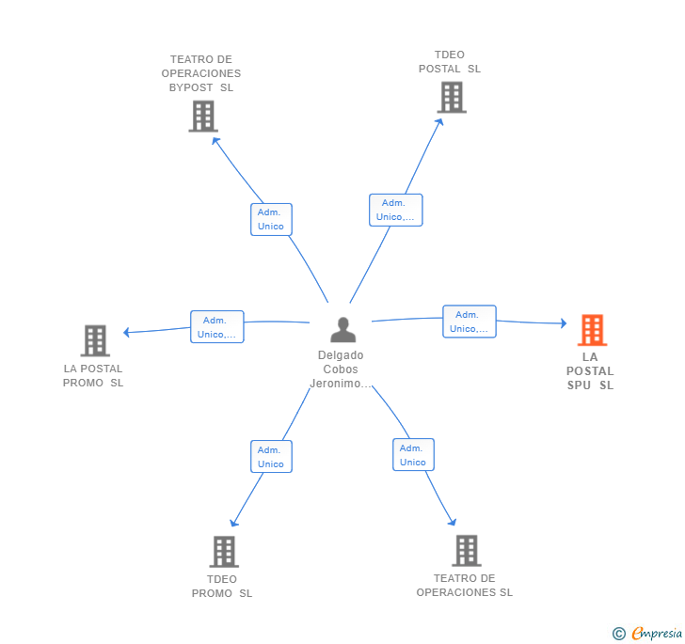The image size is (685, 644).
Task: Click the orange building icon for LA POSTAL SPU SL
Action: pos(592,330)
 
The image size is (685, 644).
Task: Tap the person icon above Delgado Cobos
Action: pos(342,329)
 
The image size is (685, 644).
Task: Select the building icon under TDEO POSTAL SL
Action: pos(452,98)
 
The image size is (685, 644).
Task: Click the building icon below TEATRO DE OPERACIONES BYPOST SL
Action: pos(203,117)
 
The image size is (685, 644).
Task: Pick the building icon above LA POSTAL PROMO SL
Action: pos(95,340)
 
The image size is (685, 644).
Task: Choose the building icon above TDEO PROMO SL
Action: pos(224,552)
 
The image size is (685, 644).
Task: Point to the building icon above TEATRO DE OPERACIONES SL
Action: pos(467,551)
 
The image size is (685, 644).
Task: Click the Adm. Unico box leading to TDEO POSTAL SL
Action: pos(396,210)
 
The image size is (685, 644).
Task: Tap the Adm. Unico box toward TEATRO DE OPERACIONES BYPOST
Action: pos(271,219)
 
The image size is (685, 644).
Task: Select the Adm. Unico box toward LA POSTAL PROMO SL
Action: pos(217,327)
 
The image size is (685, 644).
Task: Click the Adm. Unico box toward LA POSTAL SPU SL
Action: pos(470,322)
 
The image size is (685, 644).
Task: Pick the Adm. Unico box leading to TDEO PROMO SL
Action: pos(271,457)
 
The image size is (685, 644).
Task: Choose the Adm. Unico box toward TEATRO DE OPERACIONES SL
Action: pos(413,454)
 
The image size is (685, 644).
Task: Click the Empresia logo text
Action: pos(657,633)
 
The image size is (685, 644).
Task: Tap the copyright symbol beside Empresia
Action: pos(619,634)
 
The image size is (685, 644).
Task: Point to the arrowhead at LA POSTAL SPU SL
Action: pos(564,323)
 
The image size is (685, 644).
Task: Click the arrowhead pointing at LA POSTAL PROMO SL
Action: pos(126,332)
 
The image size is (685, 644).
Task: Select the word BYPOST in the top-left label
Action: pos(191,87)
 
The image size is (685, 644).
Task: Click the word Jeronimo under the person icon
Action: pos(336,384)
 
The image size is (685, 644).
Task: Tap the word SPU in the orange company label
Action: pos(579,385)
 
